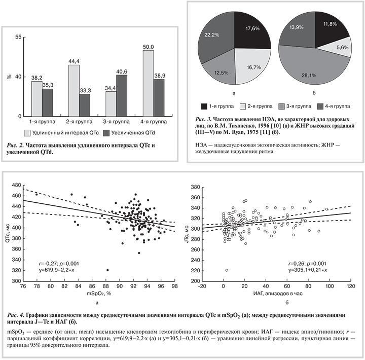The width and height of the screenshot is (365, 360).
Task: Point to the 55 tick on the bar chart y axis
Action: pyautogui.click(x=19, y=37)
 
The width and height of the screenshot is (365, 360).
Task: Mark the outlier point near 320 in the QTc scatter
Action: pyautogui.click(x=107, y=270)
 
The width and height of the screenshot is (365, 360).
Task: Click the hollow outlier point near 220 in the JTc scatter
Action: pyautogui.click(x=226, y=270)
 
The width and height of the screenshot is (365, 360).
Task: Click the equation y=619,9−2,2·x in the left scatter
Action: pyautogui.click(x=57, y=271)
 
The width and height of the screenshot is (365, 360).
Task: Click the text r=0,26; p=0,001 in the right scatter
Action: pyautogui.click(x=307, y=264)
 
